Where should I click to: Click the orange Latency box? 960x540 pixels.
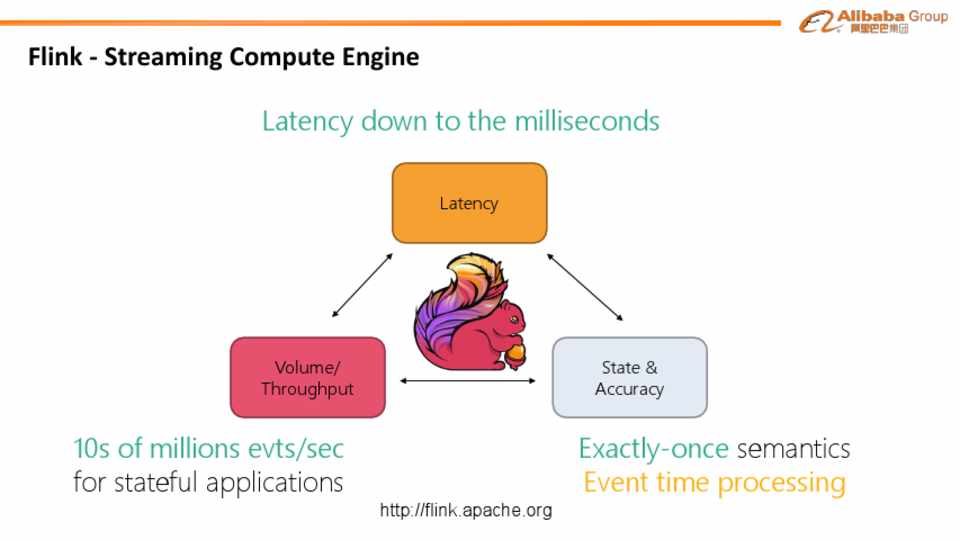click(469, 203)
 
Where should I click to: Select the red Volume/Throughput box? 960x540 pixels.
click(307, 377)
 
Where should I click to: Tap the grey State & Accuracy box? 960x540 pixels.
click(629, 377)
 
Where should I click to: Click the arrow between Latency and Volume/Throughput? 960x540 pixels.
click(362, 286)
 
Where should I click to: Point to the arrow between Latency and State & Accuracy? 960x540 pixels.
click(586, 286)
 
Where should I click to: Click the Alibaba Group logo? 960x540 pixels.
click(873, 21)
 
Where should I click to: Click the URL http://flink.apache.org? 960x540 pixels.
click(466, 511)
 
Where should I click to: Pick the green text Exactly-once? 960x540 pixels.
click(653, 447)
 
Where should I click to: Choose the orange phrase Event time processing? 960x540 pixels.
click(714, 482)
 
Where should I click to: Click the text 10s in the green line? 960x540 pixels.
click(92, 447)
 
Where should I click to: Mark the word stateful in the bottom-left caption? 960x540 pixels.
click(153, 482)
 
